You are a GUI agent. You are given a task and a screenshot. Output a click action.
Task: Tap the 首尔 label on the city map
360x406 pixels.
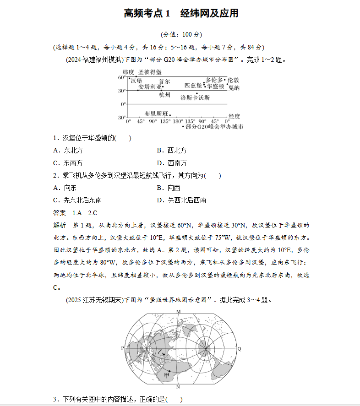click(x=164, y=81)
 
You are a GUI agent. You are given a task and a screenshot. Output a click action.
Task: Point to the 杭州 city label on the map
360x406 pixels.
click(x=164, y=95)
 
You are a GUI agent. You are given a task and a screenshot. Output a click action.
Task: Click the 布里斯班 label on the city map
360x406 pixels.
click(x=156, y=113)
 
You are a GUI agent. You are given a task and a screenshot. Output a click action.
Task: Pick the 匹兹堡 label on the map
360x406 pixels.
click(x=193, y=85)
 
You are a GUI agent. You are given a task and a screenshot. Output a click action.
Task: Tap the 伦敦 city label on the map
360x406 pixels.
click(x=234, y=80)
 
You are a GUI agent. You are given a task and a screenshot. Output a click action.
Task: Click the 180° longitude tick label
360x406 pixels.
click(x=178, y=122)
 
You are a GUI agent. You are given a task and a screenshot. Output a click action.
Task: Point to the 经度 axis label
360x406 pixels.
click(x=234, y=116)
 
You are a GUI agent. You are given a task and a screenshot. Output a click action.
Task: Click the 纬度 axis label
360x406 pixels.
click(x=128, y=72)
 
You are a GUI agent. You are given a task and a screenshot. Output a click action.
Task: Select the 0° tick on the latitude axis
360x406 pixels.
click(x=123, y=104)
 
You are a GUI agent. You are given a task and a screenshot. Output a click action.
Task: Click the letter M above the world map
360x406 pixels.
click(x=179, y=311)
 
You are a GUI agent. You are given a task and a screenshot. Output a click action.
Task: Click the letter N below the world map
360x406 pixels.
click(x=178, y=387)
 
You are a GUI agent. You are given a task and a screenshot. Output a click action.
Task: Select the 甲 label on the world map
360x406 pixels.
click(x=167, y=375)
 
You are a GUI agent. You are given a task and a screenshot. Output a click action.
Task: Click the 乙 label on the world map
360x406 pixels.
click(x=160, y=352)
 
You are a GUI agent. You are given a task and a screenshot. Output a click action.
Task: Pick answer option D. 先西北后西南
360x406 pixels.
click(x=181, y=200)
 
